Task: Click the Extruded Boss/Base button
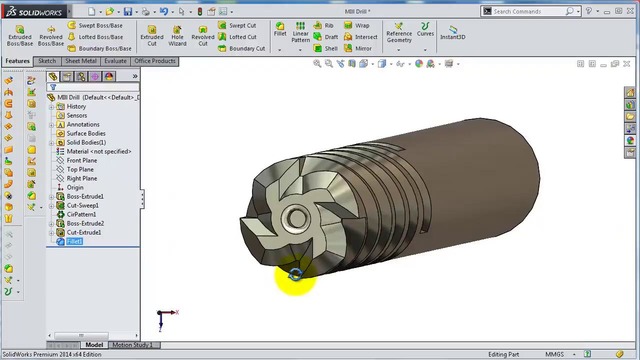click(x=19, y=35)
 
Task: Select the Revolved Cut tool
click(x=203, y=35)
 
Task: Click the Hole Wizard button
click(x=177, y=35)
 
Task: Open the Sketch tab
click(x=47, y=61)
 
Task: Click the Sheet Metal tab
click(x=80, y=61)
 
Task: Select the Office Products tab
click(x=155, y=61)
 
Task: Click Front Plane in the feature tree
click(x=81, y=160)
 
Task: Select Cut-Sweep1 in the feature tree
click(x=83, y=205)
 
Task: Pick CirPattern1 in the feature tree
click(x=83, y=214)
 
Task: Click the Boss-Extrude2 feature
click(x=85, y=223)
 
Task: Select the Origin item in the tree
click(x=75, y=187)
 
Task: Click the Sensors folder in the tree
click(x=76, y=115)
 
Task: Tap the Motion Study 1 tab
click(x=133, y=345)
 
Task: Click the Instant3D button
click(x=453, y=35)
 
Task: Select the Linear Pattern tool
click(x=301, y=35)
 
